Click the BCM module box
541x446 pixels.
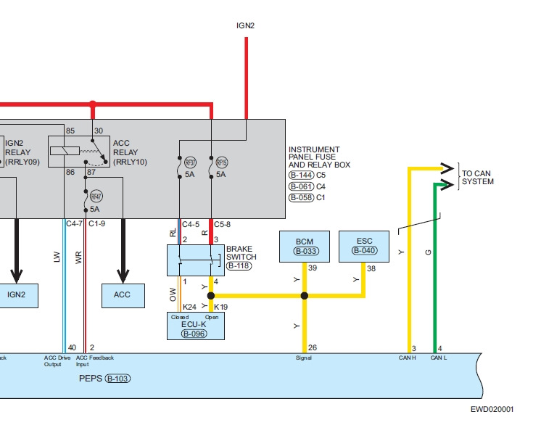[x=305, y=247]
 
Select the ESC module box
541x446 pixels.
[x=364, y=247]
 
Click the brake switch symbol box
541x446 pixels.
[x=196, y=260]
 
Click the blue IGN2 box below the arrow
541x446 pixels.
[x=16, y=294]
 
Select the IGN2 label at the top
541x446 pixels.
[x=246, y=25]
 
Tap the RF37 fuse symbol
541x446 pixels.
[x=190, y=162]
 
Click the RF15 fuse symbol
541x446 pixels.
[x=221, y=162]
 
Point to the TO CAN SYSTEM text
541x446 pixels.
[x=477, y=178]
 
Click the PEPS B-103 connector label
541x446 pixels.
[x=107, y=379]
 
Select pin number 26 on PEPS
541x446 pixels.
[x=312, y=348]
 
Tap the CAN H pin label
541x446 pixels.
[x=407, y=358]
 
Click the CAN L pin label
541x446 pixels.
[x=439, y=358]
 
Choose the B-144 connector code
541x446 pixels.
[x=301, y=175]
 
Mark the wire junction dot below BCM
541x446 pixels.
[x=305, y=296]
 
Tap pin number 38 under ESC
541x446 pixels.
[x=371, y=268]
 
